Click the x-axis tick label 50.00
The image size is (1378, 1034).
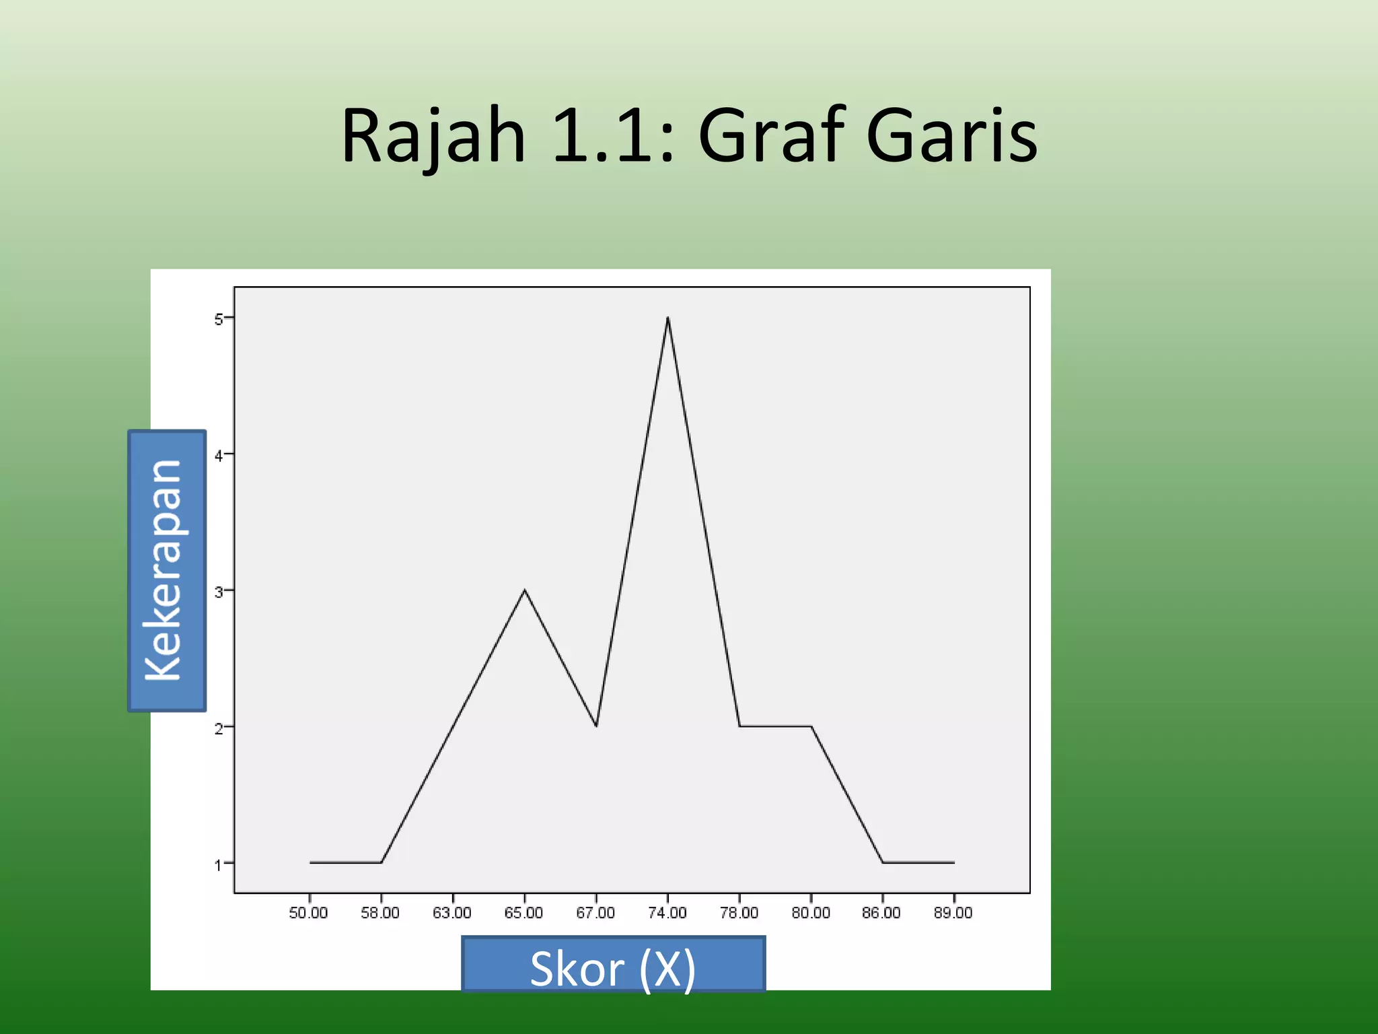click(308, 913)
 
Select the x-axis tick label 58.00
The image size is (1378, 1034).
click(380, 913)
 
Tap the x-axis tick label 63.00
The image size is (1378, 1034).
click(452, 913)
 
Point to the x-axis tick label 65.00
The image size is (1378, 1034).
click(523, 913)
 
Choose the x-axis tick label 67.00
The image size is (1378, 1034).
click(595, 913)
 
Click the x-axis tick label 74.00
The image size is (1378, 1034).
click(667, 913)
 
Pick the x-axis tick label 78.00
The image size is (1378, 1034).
click(739, 913)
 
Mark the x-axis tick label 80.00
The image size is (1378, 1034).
click(811, 913)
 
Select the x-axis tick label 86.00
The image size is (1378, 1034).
click(881, 913)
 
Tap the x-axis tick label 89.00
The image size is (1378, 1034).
click(953, 913)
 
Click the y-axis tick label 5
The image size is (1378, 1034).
click(219, 319)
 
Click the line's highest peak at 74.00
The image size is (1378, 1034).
click(667, 318)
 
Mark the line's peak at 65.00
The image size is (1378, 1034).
click(525, 590)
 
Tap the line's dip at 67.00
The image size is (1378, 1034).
click(596, 726)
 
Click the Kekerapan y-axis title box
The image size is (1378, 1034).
click(167, 571)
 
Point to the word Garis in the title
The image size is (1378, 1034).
click(951, 137)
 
